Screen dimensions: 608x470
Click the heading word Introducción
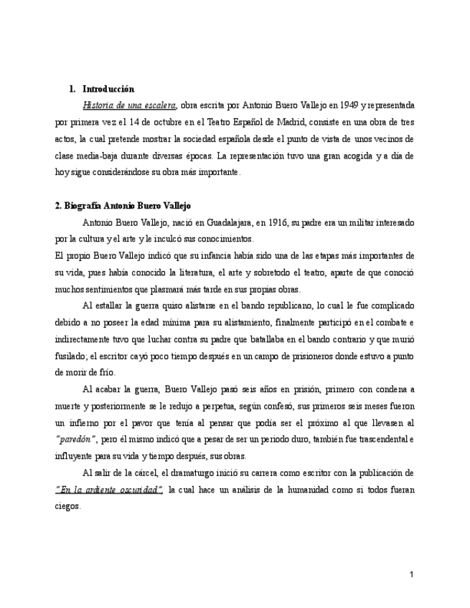pos(108,90)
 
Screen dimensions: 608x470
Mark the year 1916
pos(272,222)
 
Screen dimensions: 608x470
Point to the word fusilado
pos(70,356)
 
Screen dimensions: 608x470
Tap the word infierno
pos(85,422)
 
